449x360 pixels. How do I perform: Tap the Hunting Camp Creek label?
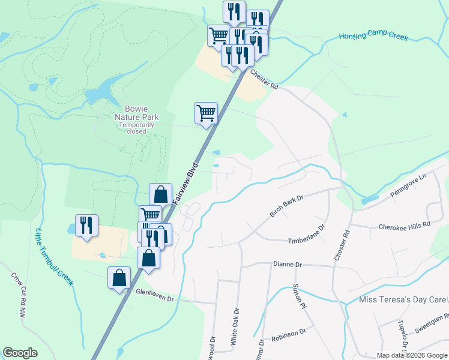pyautogui.click(x=373, y=37)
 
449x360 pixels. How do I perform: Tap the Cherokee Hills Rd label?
pyautogui.click(x=405, y=226)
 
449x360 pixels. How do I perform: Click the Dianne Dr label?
pyautogui.click(x=286, y=264)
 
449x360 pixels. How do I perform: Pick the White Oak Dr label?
pyautogui.click(x=235, y=327)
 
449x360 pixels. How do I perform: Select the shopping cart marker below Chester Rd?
pyautogui.click(x=206, y=113)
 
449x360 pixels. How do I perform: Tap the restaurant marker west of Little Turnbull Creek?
pyautogui.click(x=86, y=226)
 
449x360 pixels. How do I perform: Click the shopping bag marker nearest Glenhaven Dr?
pyautogui.click(x=119, y=278)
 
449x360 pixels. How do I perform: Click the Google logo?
pyautogui.click(x=20, y=353)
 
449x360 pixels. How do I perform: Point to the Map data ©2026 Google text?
pyautogui.click(x=411, y=355)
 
